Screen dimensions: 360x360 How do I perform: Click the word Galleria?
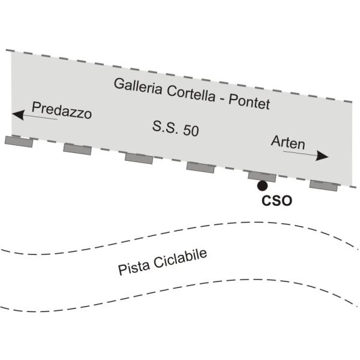click(x=138, y=86)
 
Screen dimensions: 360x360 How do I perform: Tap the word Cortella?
click(x=191, y=94)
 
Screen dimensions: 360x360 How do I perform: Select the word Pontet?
click(x=250, y=102)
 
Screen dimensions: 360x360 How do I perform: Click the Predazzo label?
click(x=62, y=110)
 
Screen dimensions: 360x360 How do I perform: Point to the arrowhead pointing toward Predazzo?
click(x=19, y=115)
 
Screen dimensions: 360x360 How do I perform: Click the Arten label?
click(x=288, y=142)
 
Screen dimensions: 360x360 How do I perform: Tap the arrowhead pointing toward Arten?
click(x=322, y=156)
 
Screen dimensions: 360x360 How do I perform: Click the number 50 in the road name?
click(x=191, y=130)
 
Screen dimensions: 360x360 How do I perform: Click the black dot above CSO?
click(x=262, y=186)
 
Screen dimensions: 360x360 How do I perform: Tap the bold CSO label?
click(x=277, y=200)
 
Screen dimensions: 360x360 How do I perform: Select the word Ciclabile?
click(x=181, y=258)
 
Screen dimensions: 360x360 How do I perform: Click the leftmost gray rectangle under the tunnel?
click(x=19, y=142)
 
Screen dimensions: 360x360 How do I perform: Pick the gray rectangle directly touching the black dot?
click(x=262, y=176)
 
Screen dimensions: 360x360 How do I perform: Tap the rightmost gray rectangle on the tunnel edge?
click(x=324, y=185)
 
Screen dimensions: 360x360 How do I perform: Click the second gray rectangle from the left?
click(x=77, y=149)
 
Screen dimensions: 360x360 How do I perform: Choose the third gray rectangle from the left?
click(x=139, y=158)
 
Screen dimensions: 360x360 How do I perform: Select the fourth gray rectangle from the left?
click(x=200, y=167)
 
